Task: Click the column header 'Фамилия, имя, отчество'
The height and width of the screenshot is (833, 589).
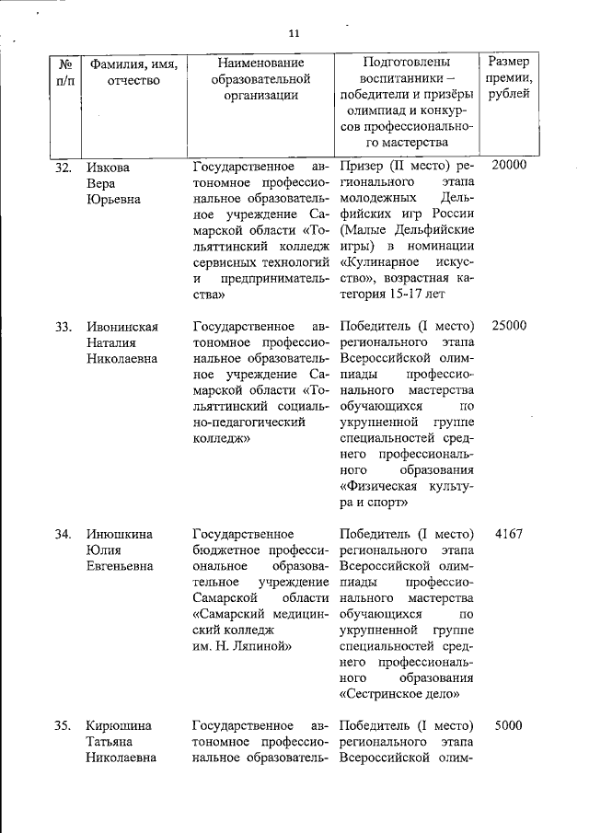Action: [133, 72]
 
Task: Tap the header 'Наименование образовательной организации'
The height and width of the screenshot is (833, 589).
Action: [260, 78]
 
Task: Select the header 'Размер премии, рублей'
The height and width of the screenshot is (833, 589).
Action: [509, 78]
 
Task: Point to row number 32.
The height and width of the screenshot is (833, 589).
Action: [64, 167]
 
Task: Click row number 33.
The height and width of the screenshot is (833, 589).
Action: [64, 326]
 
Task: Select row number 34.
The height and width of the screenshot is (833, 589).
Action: [64, 535]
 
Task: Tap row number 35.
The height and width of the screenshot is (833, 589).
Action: [64, 725]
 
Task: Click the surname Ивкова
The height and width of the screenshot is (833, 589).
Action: [108, 167]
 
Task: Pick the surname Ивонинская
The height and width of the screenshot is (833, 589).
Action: [122, 326]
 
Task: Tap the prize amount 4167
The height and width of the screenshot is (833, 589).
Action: [508, 534]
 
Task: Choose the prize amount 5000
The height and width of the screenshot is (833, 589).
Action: [508, 725]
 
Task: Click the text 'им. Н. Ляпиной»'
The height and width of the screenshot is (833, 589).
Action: [241, 647]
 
